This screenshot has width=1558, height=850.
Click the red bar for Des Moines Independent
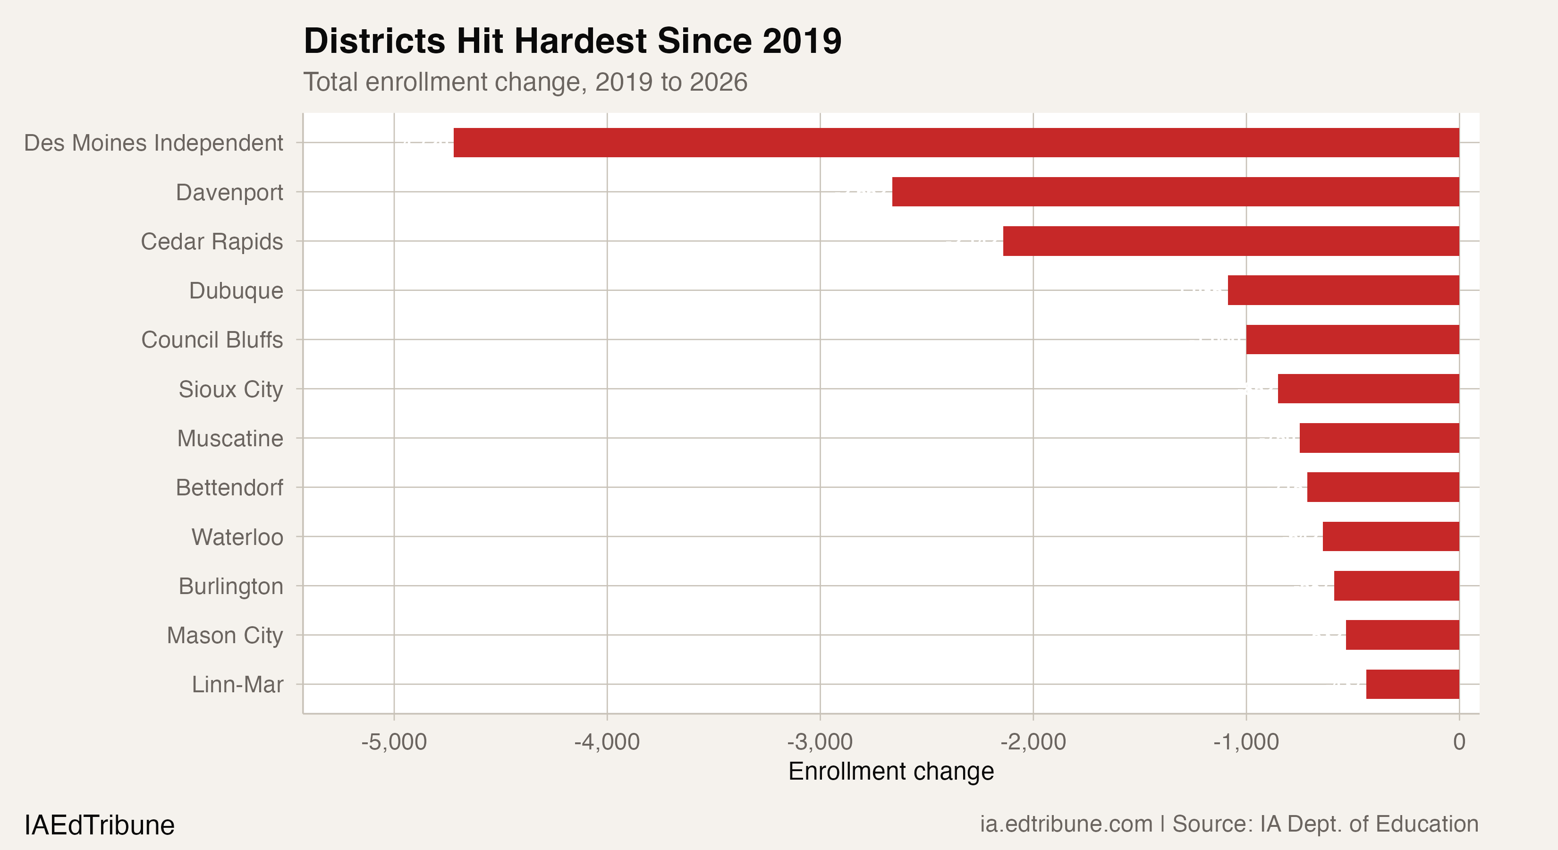(x=956, y=143)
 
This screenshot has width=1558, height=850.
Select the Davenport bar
(x=1175, y=192)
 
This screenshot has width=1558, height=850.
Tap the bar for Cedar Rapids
(x=1231, y=241)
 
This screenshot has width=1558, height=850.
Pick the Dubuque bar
(x=1343, y=290)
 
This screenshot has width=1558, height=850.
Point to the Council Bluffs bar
(x=1352, y=340)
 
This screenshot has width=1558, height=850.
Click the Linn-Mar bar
(x=1412, y=684)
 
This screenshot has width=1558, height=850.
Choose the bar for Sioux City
(x=1368, y=388)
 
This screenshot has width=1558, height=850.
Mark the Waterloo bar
(x=1390, y=536)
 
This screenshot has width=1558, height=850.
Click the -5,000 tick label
(x=394, y=742)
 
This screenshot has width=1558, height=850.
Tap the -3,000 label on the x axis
(x=820, y=742)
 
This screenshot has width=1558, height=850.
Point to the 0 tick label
(x=1459, y=742)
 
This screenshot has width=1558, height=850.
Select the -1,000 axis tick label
(x=1245, y=742)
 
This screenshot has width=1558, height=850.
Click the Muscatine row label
(x=230, y=438)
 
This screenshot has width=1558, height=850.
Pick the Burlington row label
(x=230, y=586)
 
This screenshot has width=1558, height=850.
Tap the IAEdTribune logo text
(x=99, y=825)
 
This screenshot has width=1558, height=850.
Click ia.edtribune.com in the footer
(x=1066, y=824)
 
